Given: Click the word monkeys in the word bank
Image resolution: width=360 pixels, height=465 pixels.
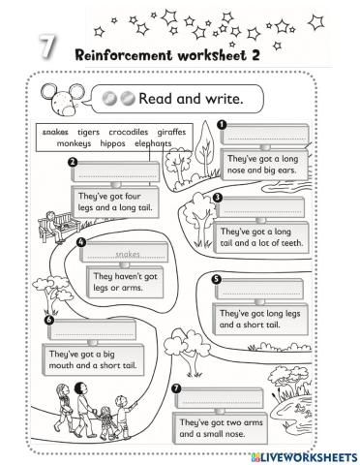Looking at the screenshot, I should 74,142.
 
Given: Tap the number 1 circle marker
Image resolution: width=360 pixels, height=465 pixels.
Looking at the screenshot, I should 222,124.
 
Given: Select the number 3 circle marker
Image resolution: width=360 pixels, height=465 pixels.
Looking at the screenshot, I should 217,198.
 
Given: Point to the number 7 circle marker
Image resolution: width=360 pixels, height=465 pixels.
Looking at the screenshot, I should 176,389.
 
